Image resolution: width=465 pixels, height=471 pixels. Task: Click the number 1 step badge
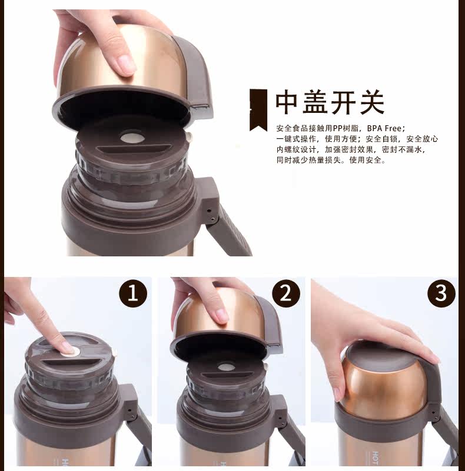click(x=133, y=293)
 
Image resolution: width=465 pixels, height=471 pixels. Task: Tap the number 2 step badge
click(x=286, y=293)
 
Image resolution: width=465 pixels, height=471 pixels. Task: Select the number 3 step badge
click(x=441, y=293)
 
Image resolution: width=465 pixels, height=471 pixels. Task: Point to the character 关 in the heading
click(x=373, y=103)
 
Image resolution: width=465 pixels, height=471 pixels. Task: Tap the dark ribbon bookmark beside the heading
click(x=258, y=110)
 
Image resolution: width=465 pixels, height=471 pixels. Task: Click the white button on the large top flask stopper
click(x=132, y=138)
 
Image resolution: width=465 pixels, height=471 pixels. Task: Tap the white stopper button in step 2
click(x=226, y=367)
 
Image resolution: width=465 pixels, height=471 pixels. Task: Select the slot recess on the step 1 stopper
click(x=73, y=363)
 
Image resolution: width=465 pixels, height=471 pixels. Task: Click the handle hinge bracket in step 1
click(x=131, y=403)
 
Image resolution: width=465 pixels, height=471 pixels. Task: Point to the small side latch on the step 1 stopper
click(x=114, y=352)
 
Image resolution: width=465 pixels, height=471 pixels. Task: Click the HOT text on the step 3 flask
click(x=376, y=458)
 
